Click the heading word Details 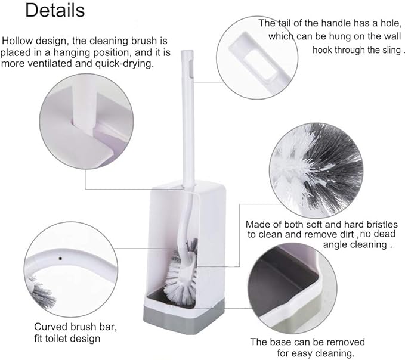click(x=55, y=10)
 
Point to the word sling click(x=391, y=50)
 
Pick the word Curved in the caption click(x=50, y=327)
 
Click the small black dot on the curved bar click(x=60, y=259)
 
